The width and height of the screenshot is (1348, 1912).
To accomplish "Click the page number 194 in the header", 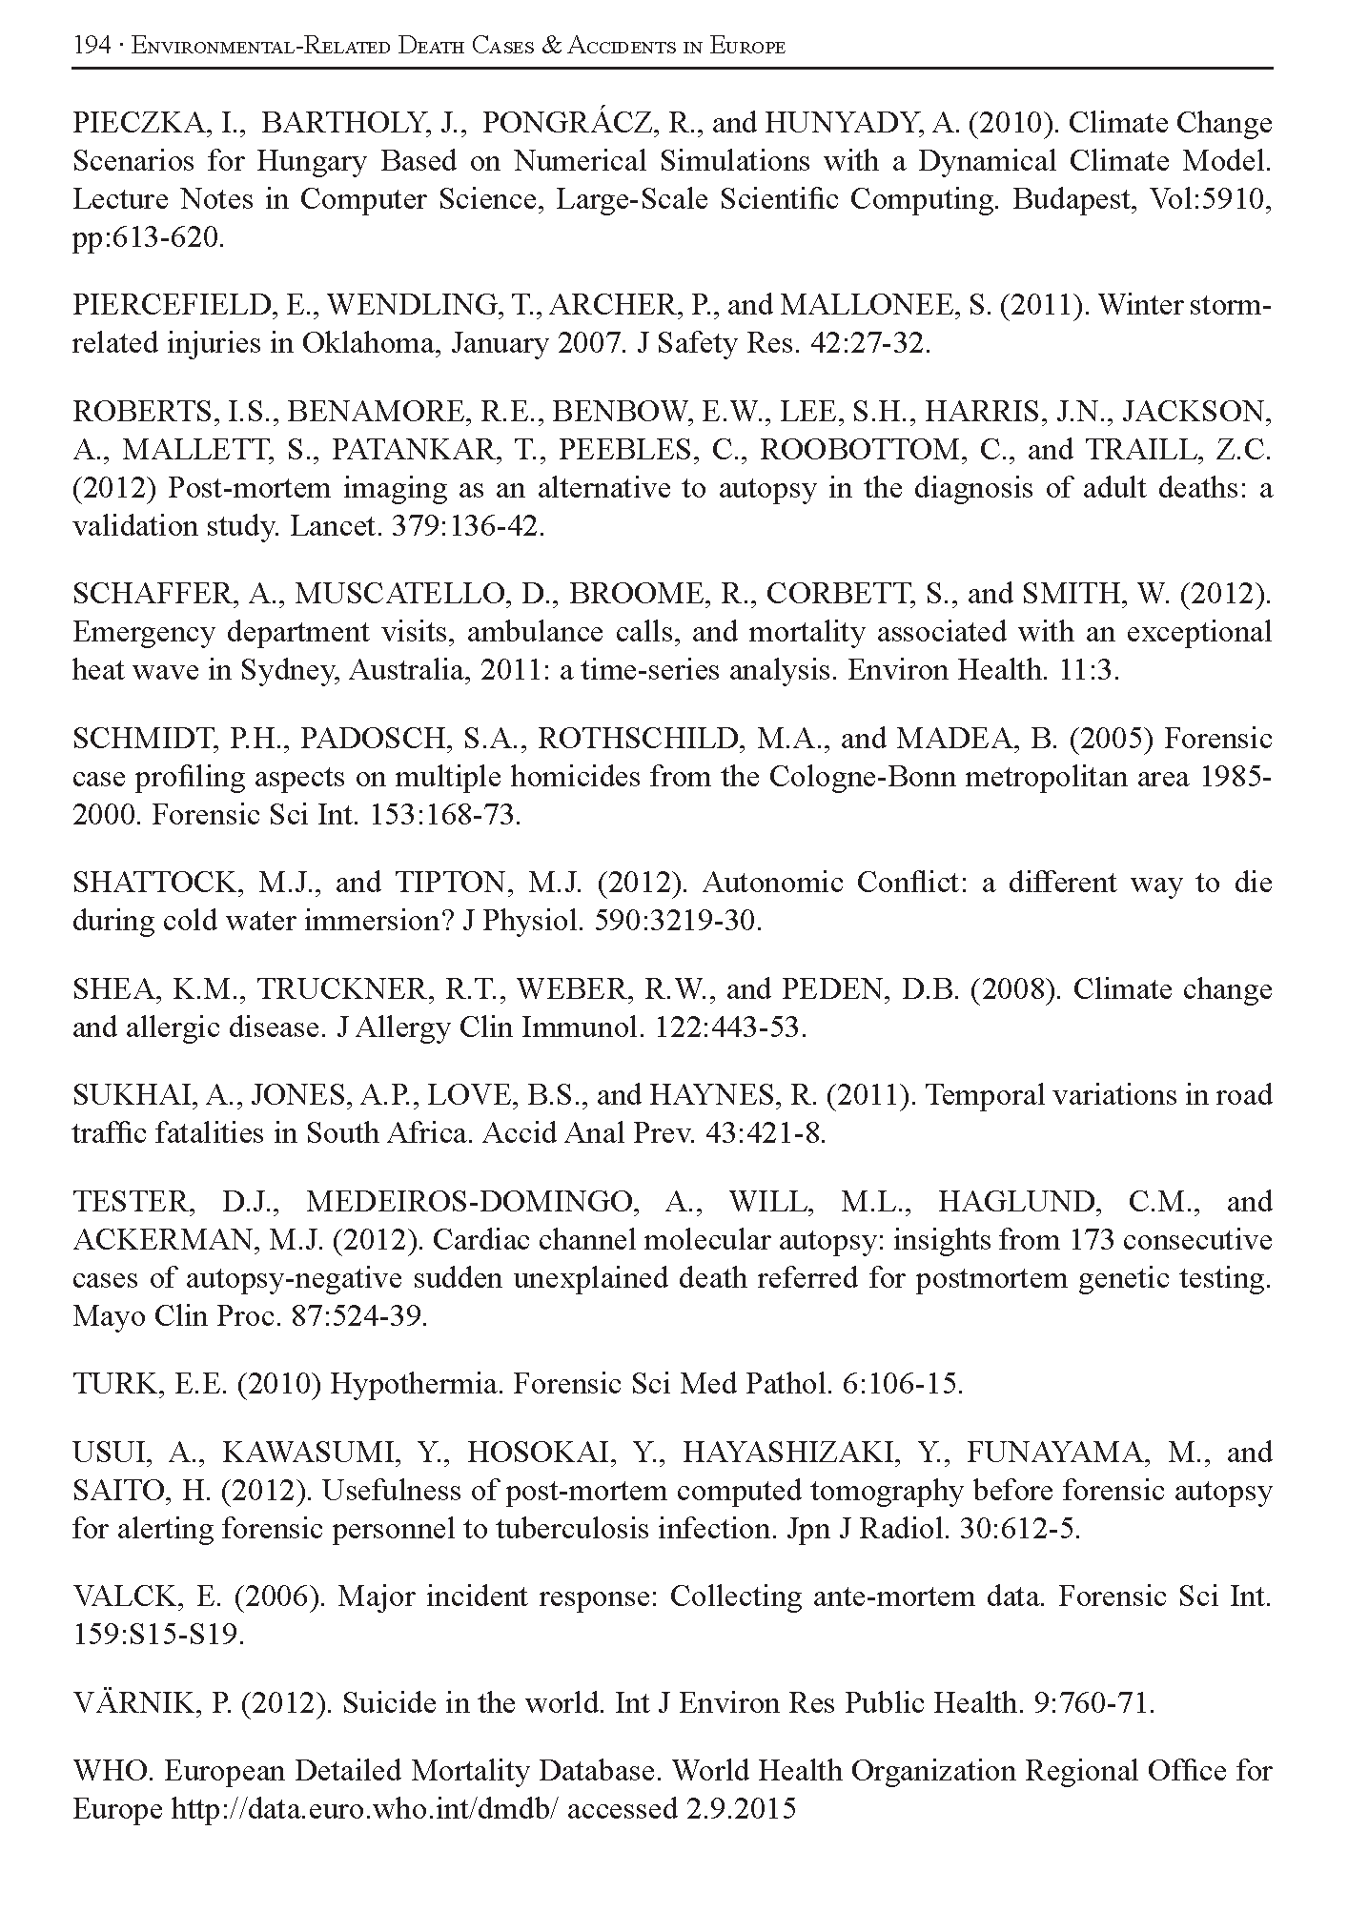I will [91, 46].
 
